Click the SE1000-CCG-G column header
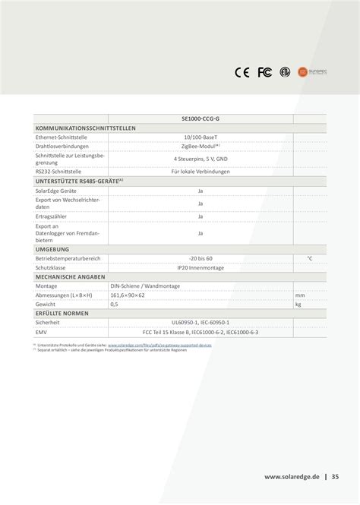201,119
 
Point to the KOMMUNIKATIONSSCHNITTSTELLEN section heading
85,128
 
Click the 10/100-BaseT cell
201,137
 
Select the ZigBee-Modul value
201,145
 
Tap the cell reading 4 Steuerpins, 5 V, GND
201,159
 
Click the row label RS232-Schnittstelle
58,172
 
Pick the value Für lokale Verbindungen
201,172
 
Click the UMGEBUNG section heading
52,249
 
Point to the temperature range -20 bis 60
201,258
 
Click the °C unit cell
309,258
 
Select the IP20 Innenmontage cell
201,267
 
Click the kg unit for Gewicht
298,304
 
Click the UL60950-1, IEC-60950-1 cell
201,322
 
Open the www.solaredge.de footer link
291,477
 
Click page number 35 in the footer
335,477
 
